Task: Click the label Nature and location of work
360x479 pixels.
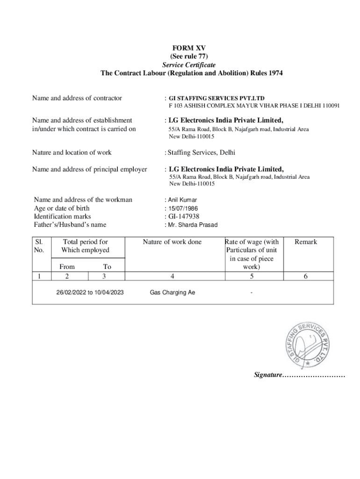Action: point(72,152)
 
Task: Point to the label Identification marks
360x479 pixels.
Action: point(62,217)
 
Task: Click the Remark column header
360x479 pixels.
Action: point(305,242)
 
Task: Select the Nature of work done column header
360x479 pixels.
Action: point(172,242)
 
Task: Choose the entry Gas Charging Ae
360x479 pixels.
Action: point(172,292)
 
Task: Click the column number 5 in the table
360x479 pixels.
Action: point(252,276)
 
